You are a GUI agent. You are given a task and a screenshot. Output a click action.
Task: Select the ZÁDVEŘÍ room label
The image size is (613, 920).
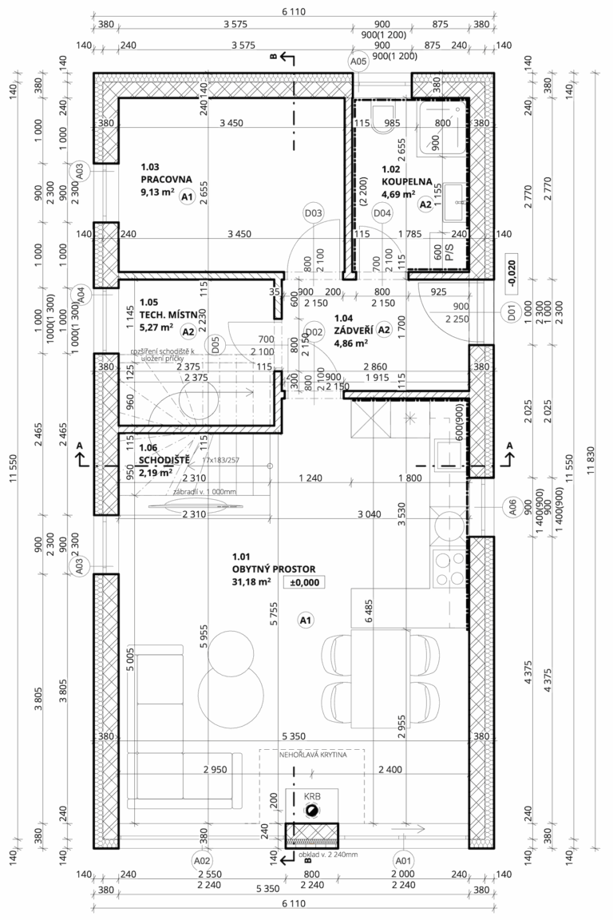tap(351, 330)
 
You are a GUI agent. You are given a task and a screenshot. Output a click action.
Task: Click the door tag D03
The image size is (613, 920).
tap(314, 213)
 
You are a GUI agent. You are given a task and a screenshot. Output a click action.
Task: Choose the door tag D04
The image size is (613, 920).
tap(382, 213)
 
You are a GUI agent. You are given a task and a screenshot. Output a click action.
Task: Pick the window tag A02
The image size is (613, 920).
tap(202, 861)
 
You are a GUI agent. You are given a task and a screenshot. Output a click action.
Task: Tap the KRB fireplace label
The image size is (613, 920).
tap(311, 797)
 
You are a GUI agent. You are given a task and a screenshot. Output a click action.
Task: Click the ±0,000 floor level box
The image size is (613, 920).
tap(303, 582)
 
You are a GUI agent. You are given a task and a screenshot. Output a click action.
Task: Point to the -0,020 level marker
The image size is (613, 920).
tap(510, 271)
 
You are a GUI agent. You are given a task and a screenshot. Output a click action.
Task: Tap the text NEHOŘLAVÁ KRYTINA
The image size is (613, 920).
tap(311, 755)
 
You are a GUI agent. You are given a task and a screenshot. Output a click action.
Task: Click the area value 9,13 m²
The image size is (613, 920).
tap(156, 192)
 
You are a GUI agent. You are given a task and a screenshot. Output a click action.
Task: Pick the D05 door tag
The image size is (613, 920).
tap(215, 345)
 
